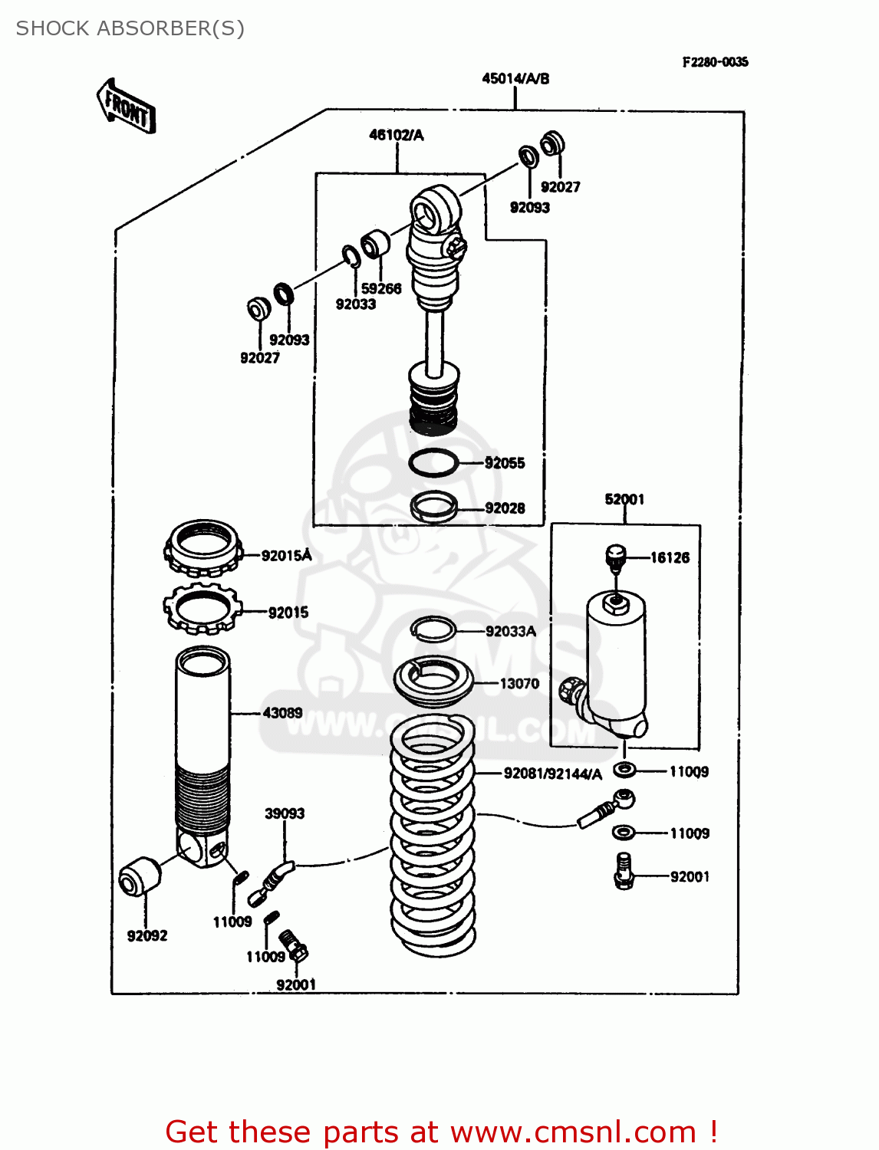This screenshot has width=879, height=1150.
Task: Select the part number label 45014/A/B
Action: [x=515, y=78]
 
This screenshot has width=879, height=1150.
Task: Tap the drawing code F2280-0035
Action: [x=715, y=62]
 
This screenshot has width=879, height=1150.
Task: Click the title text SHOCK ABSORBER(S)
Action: [x=130, y=28]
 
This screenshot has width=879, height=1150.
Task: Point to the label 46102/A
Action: [x=396, y=135]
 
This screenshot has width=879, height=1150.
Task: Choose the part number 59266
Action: [x=381, y=288]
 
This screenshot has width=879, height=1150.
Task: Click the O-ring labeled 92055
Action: [x=433, y=462]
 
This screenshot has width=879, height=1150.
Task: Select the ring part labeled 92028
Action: [x=434, y=506]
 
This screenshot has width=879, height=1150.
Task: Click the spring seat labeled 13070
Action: [x=433, y=682]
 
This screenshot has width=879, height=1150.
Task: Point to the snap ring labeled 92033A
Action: [x=433, y=629]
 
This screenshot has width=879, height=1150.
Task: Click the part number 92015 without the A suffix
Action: [x=288, y=613]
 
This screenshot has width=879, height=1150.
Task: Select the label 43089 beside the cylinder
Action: [x=282, y=713]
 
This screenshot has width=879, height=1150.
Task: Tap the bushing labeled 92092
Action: [x=140, y=876]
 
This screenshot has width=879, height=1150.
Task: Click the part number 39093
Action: [x=285, y=813]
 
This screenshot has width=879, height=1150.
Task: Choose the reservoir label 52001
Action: [x=624, y=499]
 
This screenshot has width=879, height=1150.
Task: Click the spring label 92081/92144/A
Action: [x=552, y=774]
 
